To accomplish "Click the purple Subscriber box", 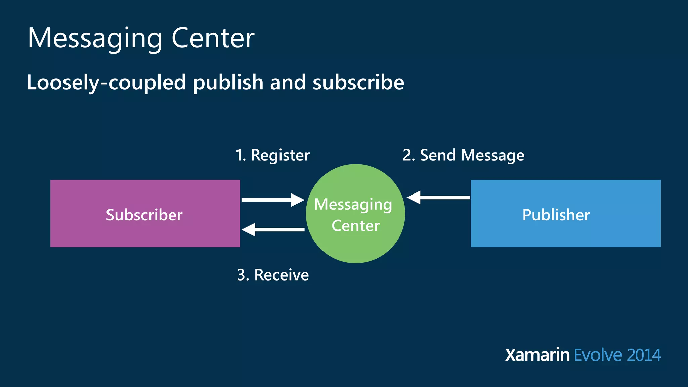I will (145, 214).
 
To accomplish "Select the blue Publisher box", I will (566, 214).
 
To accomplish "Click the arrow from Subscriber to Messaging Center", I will (272, 200).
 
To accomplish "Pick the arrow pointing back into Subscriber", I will (273, 230).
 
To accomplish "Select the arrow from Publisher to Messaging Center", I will (438, 197).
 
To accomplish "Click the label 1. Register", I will (272, 155).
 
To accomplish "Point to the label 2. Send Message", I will (463, 155).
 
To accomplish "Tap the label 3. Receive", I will (273, 275).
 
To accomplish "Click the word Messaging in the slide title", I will (95, 38).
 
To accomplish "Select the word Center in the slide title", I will (213, 38).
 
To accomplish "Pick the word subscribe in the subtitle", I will (358, 82).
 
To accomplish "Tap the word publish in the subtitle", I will (228, 82).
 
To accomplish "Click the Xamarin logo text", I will (537, 355).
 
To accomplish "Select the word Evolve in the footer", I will (598, 355).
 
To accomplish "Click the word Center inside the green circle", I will (355, 226).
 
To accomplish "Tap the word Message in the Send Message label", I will (492, 155).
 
